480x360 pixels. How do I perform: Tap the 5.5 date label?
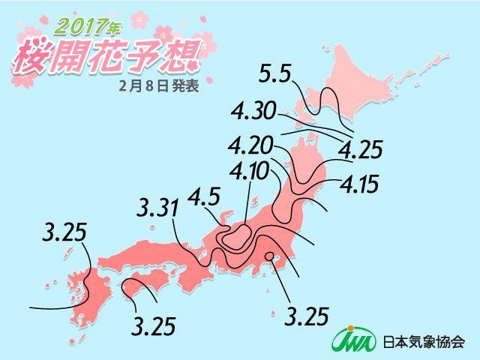[x=275, y=75]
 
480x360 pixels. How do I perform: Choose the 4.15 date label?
[x=360, y=183]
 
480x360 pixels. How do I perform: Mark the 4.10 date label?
[x=250, y=172]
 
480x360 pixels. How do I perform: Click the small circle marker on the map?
[x=268, y=259]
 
